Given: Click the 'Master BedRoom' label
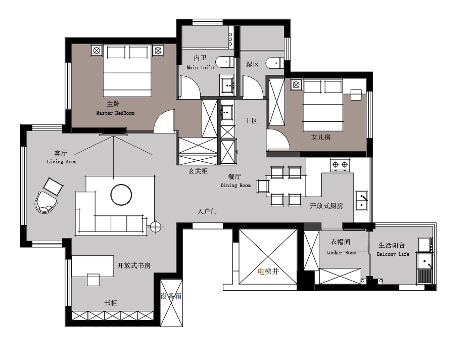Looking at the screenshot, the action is coord(115,113).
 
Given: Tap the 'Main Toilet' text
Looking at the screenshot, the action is coord(202,68).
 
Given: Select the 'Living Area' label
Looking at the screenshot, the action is coord(62,161).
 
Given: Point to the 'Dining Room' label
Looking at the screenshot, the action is coord(235,185).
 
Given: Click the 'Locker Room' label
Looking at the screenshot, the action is coord(341,252).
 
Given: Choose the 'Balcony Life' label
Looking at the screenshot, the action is coord(393,254).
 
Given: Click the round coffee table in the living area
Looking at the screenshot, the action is coord(121,195).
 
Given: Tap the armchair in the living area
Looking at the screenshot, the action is coord(46,202).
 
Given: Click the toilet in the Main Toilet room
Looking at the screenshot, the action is coord(224,62).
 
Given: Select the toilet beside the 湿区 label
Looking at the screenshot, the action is coord(275,63).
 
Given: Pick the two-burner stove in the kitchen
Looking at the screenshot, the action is coord(340,165).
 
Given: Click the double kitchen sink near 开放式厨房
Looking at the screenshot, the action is coord(361,201).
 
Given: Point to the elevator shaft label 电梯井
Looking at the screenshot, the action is coord(268,272).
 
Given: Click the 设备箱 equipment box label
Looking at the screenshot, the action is coord(171,296).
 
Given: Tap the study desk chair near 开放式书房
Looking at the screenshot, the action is coord(93,280).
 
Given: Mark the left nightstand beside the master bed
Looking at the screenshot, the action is coord(97,50).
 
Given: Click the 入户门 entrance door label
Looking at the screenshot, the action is coord(207,211).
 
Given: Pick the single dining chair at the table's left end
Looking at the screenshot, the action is coord(263,186).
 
